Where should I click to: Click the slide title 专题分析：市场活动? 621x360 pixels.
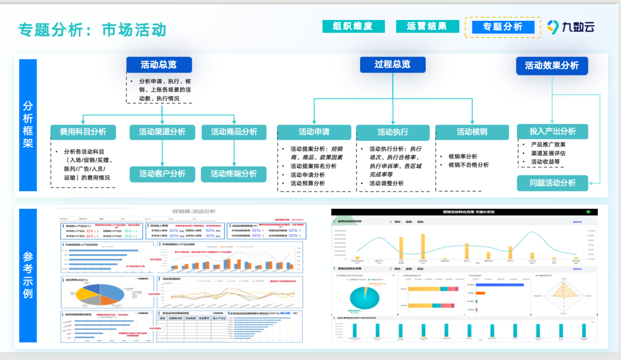[x=92, y=29]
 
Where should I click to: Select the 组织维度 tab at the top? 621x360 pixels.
[x=353, y=26]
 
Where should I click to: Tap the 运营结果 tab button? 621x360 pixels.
[x=427, y=26]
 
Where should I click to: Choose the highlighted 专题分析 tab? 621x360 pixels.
[x=502, y=27]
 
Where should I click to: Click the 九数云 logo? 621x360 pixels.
[x=571, y=27]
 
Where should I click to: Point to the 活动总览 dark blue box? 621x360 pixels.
[x=159, y=65]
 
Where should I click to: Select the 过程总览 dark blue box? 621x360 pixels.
[x=393, y=64]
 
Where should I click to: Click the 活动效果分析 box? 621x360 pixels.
[x=552, y=66]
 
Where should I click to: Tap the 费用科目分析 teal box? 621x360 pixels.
[x=83, y=132]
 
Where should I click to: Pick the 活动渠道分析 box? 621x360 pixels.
[x=162, y=132]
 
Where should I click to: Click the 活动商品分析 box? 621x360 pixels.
[x=234, y=132]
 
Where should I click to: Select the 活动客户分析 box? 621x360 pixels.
[x=162, y=174]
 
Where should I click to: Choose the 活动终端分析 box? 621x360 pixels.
[x=234, y=174]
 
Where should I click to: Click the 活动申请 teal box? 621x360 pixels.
[x=314, y=132]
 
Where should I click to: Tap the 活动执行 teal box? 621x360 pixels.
[x=393, y=132]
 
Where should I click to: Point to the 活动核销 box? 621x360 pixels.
[x=471, y=132]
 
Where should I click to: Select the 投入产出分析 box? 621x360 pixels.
[x=553, y=131]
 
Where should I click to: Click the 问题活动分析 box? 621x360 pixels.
[x=553, y=183]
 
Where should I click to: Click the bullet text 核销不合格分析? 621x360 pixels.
[x=468, y=165]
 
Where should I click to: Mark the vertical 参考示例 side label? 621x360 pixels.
[x=28, y=275]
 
